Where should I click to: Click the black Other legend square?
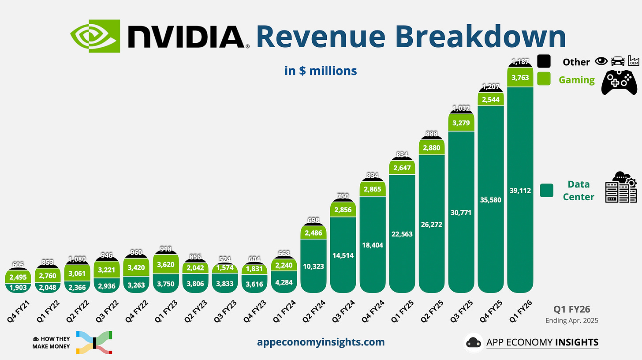pos(544,61)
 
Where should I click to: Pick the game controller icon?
pos(620,82)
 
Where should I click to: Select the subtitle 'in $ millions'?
pos(321,71)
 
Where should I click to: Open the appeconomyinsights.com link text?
pos(321,342)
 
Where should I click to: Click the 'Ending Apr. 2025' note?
pos(571,320)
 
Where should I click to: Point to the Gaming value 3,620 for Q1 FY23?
pos(166,265)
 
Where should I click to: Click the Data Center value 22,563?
pos(402,234)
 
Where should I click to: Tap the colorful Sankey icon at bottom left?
pos(94,342)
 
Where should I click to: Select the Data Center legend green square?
pos(546,190)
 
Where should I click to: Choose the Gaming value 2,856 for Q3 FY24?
pos(343,210)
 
